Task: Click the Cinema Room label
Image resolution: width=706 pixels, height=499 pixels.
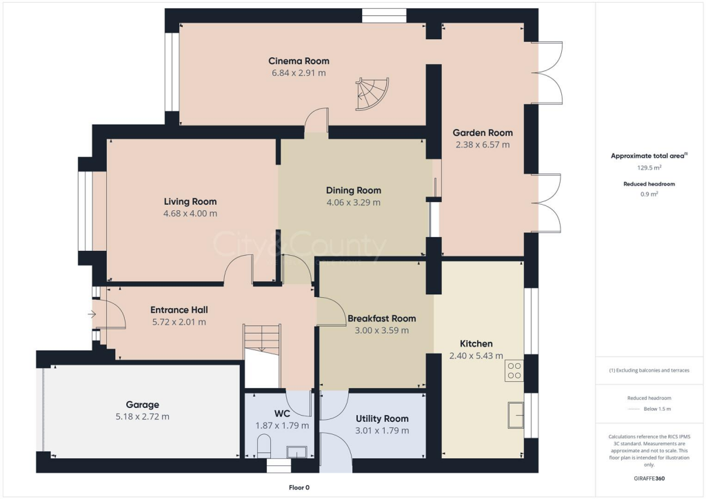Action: pos(299,61)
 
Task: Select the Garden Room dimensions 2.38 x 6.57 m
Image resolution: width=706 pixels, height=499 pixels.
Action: pos(483,145)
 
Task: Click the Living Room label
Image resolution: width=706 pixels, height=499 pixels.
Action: pos(190,202)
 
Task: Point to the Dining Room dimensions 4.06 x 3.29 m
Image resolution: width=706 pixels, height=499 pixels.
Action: pos(353,203)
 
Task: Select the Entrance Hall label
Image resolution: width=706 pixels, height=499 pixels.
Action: pos(179,310)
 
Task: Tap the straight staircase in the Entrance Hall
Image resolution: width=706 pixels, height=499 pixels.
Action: pos(262,337)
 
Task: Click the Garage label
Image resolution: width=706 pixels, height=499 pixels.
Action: pos(142,405)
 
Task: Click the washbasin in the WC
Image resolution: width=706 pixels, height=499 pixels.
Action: pos(297,451)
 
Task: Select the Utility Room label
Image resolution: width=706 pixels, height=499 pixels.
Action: pos(382,418)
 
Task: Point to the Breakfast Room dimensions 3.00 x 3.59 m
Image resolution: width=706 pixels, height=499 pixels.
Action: pos(381,330)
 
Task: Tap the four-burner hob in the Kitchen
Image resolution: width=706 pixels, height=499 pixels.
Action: pos(514,371)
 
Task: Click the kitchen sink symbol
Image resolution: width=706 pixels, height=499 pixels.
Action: pos(515,414)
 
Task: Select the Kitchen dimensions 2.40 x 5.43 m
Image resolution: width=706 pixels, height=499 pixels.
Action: pos(476,356)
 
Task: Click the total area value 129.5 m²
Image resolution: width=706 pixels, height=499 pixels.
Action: pos(649,167)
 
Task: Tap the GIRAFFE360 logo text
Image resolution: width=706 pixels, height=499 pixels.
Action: pos(649,478)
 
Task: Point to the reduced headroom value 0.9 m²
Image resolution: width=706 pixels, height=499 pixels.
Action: pos(649,194)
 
